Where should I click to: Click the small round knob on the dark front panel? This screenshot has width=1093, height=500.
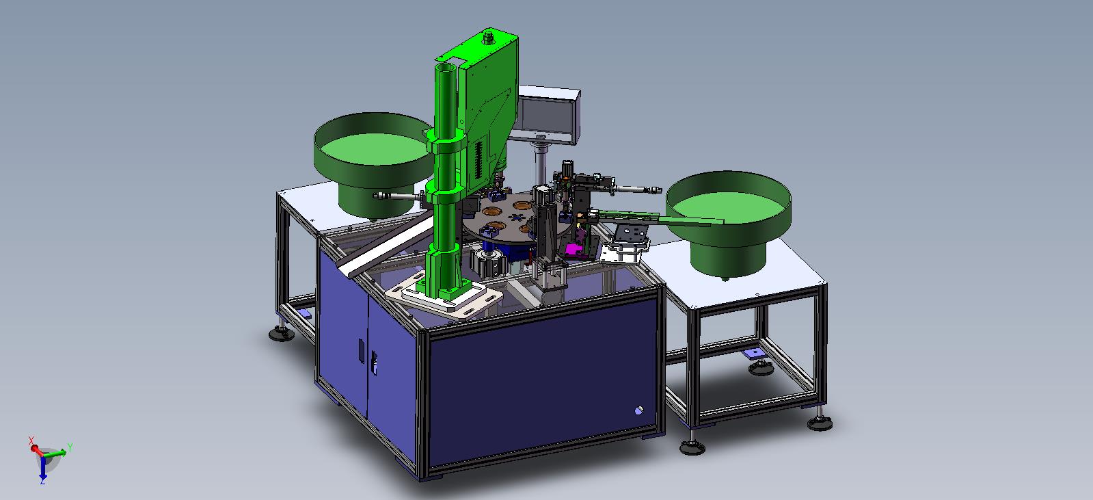pyautogui.click(x=638, y=410)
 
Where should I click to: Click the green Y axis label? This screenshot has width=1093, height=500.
pyautogui.click(x=70, y=447)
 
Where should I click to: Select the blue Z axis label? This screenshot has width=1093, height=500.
pyautogui.click(x=43, y=481)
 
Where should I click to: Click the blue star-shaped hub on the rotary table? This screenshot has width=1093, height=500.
pyautogui.click(x=516, y=218)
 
